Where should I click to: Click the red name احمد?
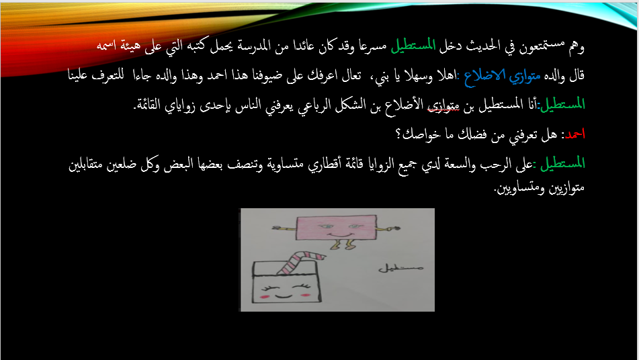574,134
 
